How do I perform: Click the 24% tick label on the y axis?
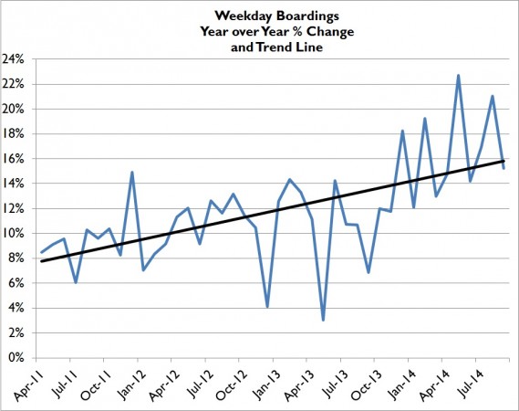click(x=15, y=59)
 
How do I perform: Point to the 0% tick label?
click(x=17, y=358)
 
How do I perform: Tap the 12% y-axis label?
click(x=15, y=208)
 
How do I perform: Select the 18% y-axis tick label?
click(x=15, y=134)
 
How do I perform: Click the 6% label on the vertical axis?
click(x=17, y=283)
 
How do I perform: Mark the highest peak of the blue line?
click(x=458, y=75)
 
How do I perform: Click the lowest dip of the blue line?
click(x=323, y=320)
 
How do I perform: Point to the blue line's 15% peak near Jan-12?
click(x=132, y=172)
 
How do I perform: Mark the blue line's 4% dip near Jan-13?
click(x=266, y=306)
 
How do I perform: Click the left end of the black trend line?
click(x=40, y=261)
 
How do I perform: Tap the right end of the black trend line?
click(x=504, y=161)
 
